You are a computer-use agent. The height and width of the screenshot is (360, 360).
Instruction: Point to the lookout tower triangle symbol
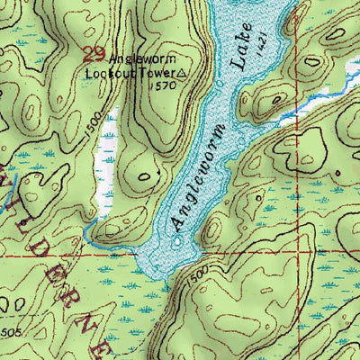184,73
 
